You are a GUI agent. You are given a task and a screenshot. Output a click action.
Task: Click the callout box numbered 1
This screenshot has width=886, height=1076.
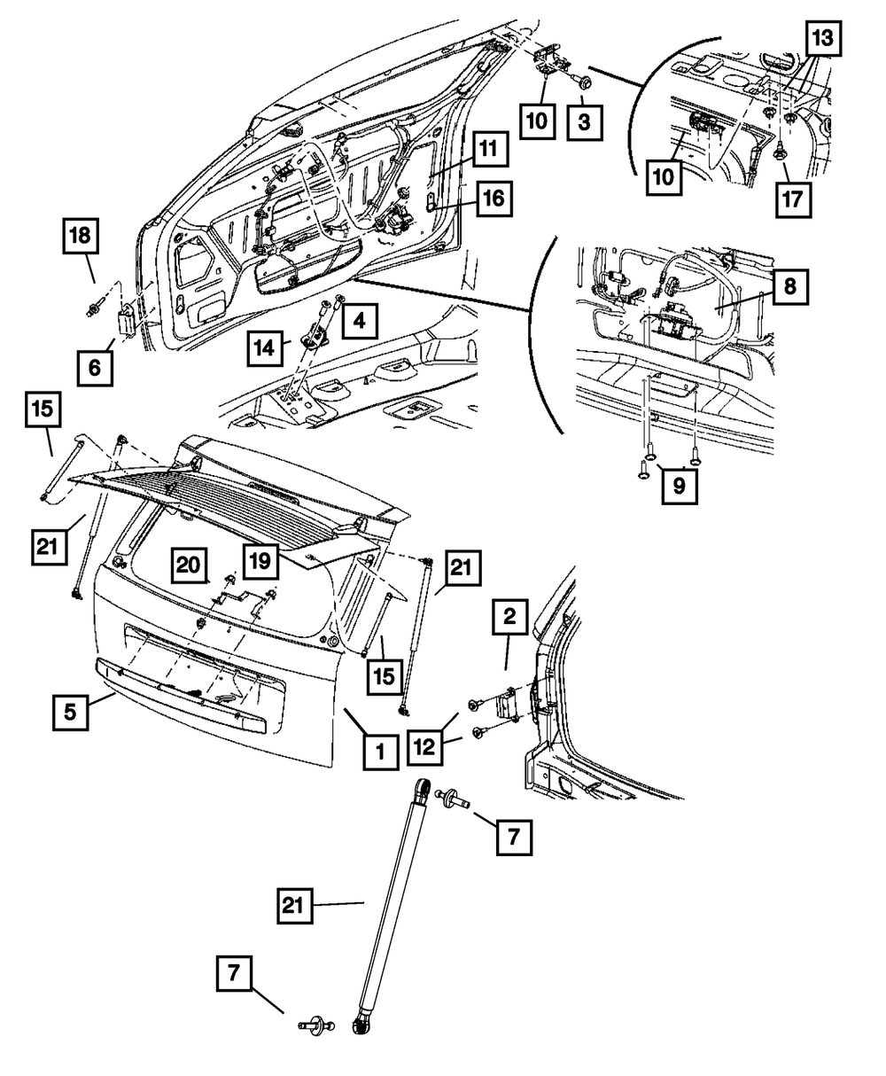pos(381,752)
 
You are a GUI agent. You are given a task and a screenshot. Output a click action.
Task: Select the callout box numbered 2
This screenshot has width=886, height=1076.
pos(509,616)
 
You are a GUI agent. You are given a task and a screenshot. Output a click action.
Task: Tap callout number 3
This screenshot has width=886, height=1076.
pos(584,122)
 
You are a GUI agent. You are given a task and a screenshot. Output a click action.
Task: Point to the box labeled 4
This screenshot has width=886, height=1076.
pos(360,321)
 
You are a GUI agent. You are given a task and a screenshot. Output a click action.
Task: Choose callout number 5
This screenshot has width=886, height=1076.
pos(70,713)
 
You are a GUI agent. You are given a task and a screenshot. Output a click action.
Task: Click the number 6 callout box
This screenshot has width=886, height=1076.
pos(95,368)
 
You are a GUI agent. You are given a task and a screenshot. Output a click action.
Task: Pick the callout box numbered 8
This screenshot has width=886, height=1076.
pos(790,286)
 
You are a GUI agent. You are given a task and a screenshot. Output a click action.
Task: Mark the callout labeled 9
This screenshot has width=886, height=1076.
pos(680,486)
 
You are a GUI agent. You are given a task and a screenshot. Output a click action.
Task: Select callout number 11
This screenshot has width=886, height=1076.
pos(490,148)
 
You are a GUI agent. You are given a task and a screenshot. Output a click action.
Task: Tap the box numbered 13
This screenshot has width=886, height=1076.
pos(823,38)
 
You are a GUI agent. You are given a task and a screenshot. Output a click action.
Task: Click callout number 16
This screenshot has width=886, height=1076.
pos(494,198)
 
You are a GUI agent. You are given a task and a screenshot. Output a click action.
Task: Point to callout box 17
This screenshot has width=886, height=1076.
pos(793,199)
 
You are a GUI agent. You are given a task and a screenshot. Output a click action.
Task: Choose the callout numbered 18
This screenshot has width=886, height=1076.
pos(81,236)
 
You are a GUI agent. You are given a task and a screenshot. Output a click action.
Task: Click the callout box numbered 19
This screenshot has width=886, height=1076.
pos(260,561)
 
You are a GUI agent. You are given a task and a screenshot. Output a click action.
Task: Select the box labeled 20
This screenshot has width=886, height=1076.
pos(189,565)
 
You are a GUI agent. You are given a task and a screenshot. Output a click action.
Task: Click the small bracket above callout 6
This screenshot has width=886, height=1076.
pos(127,321)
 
